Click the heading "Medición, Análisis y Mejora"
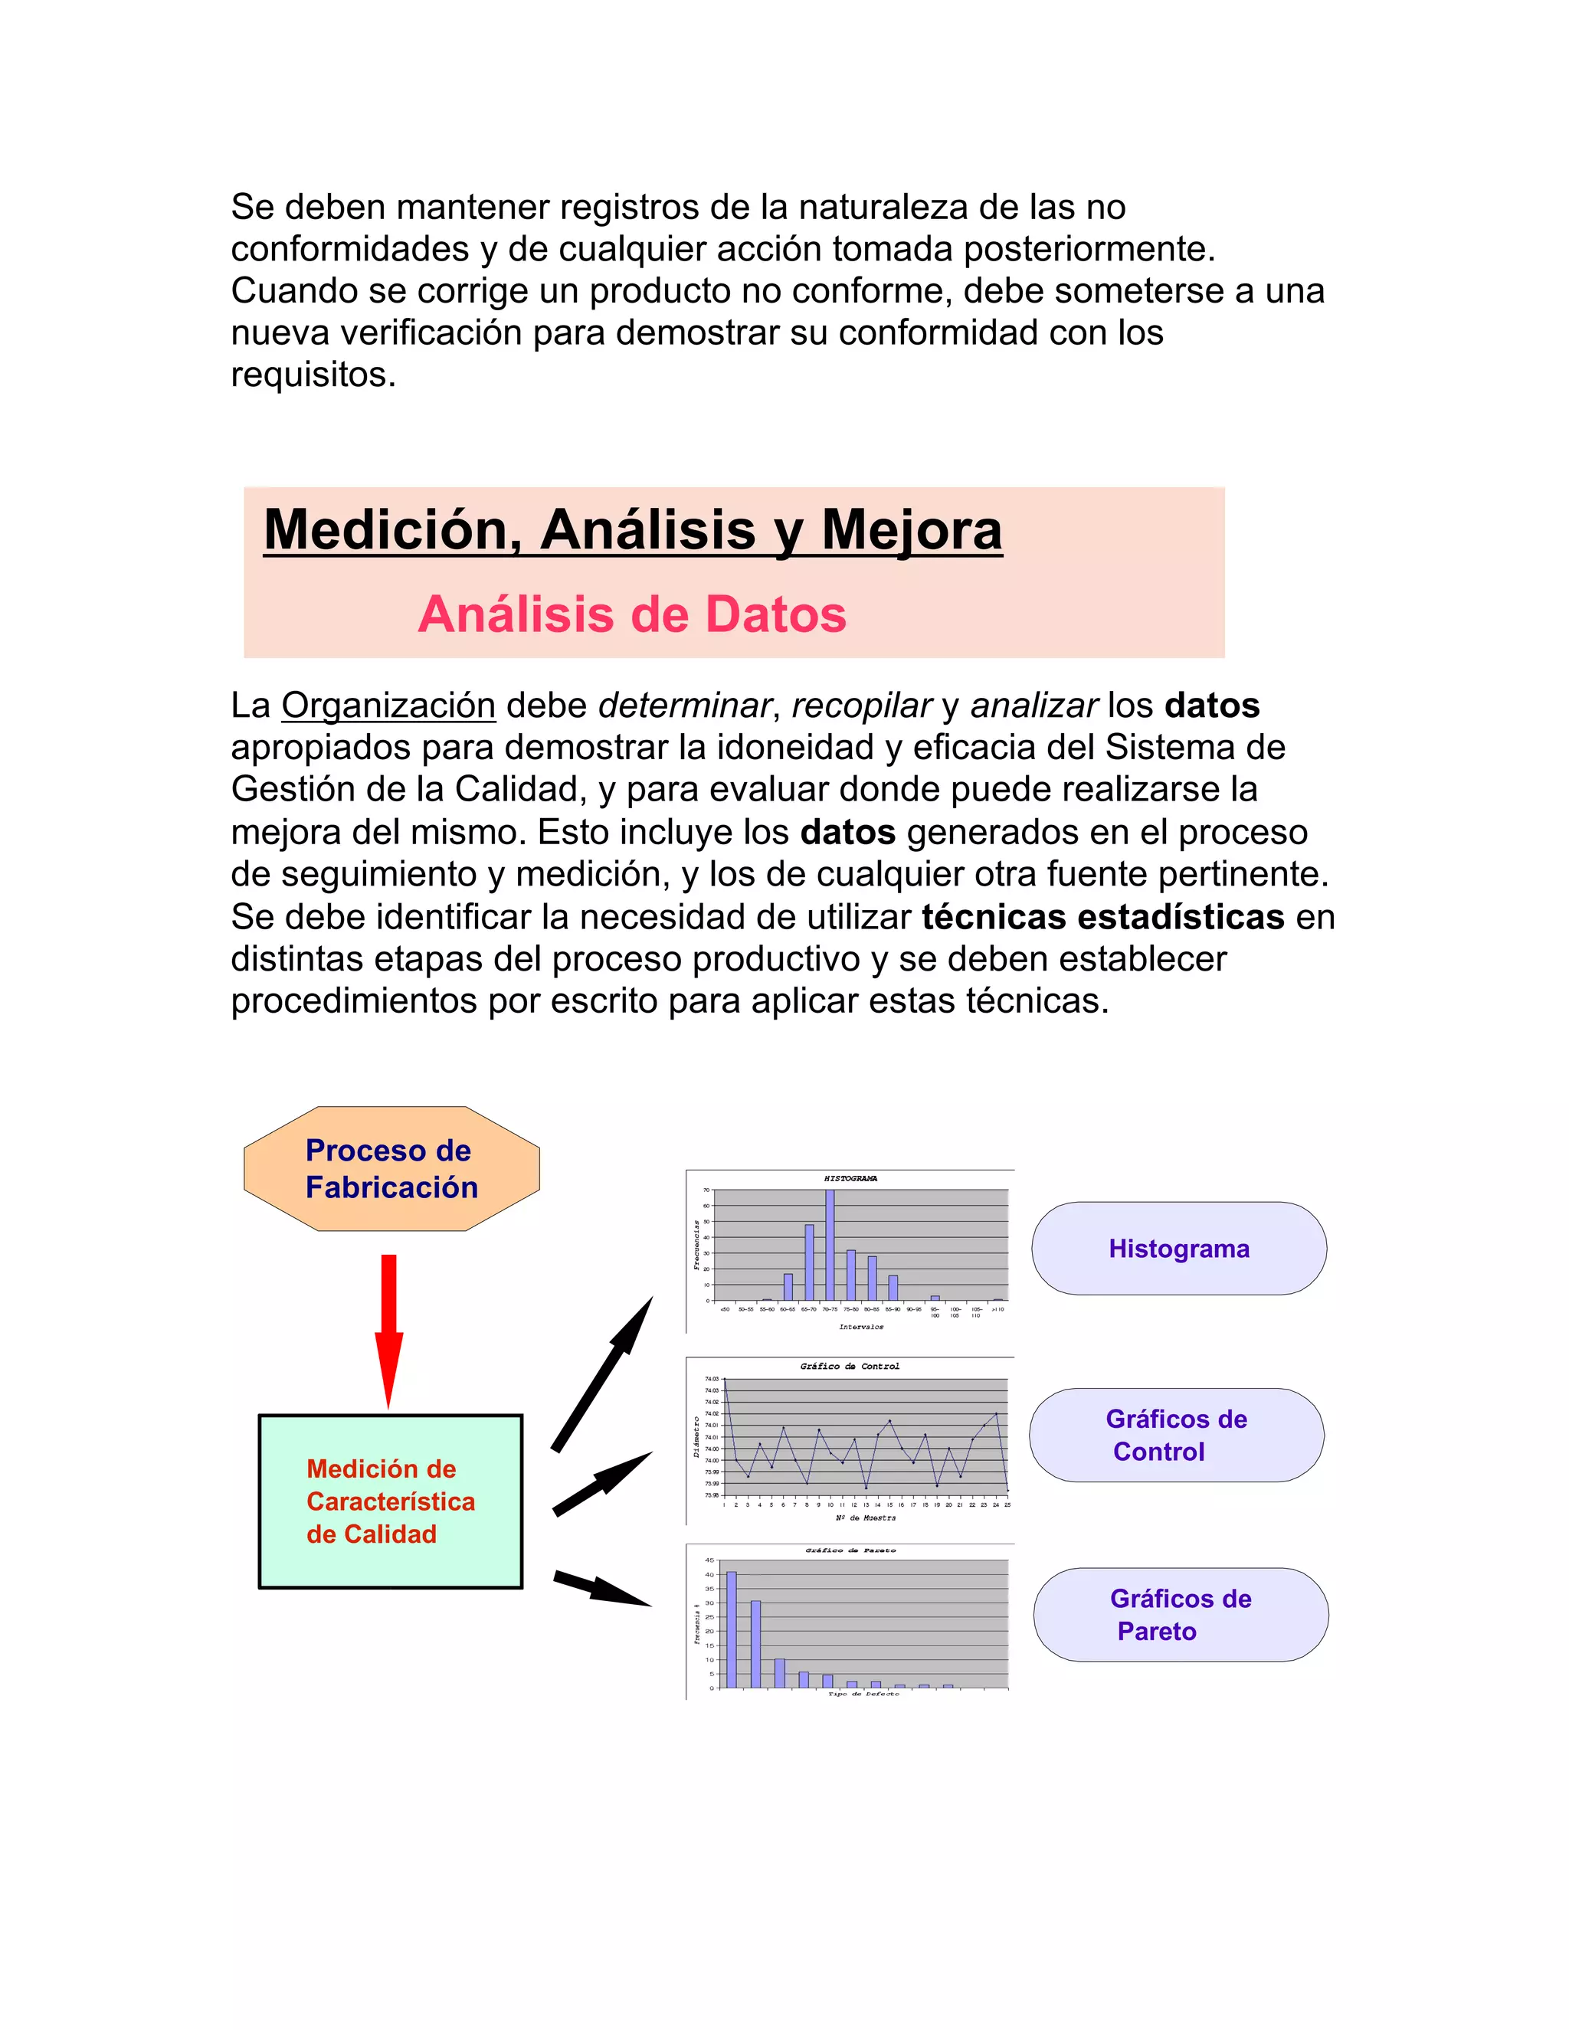633,530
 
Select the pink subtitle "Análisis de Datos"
632,614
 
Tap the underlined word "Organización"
388,706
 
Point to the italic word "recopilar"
860,706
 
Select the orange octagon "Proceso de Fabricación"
391,1168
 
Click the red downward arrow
388,1329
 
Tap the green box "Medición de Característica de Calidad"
391,1501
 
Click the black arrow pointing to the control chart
602,1484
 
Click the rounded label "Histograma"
1178,1249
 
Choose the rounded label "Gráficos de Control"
1176,1435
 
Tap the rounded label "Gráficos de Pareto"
1181,1615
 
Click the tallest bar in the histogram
830,1245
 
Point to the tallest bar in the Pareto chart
732,1629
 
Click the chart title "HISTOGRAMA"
850,1179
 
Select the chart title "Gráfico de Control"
850,1367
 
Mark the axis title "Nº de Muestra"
864,1518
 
